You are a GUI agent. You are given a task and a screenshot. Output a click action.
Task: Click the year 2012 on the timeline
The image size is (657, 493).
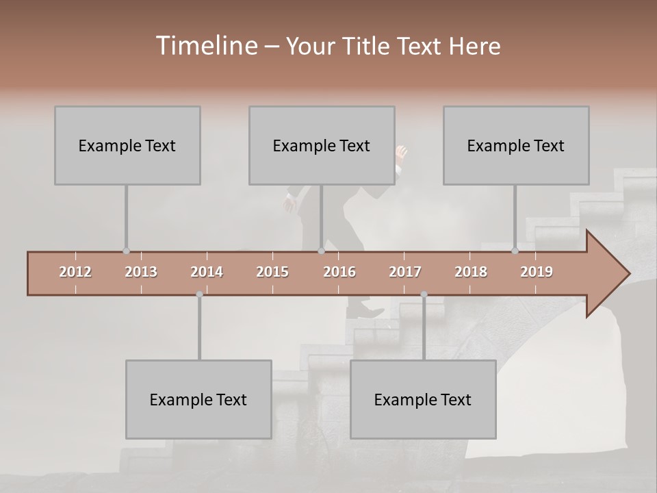point(75,272)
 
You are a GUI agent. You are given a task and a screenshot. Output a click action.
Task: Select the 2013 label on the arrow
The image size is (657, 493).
point(141,272)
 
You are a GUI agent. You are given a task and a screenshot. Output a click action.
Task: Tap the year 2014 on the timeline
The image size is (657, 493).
point(207,272)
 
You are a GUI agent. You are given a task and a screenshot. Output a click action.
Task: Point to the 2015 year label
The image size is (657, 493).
point(272,272)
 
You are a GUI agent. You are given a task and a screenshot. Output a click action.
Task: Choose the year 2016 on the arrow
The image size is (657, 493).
point(339,272)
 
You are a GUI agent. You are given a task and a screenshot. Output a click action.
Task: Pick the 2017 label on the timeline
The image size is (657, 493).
point(405,272)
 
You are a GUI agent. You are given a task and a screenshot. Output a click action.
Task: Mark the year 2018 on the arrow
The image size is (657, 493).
point(471,272)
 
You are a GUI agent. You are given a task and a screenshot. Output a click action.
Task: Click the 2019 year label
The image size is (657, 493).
point(537,272)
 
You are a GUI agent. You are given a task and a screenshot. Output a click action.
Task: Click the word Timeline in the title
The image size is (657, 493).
point(206,45)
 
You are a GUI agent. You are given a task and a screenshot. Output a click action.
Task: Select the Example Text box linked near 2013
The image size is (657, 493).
point(127,145)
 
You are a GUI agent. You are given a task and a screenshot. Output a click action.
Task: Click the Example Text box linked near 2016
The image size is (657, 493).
point(322,145)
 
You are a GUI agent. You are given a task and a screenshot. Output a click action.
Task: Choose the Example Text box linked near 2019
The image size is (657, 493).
point(516,145)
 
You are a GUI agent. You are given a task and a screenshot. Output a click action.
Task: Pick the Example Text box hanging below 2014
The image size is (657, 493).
point(198,399)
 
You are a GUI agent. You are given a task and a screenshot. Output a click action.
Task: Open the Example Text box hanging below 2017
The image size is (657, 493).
point(423,399)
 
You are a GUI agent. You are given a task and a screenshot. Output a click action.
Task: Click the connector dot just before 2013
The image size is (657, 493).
point(126,251)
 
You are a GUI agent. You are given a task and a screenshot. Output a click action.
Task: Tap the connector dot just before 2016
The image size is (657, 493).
point(321,251)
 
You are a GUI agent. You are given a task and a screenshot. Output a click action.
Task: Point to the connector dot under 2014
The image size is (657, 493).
point(199,294)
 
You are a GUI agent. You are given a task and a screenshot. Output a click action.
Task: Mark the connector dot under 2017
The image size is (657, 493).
point(424,294)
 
